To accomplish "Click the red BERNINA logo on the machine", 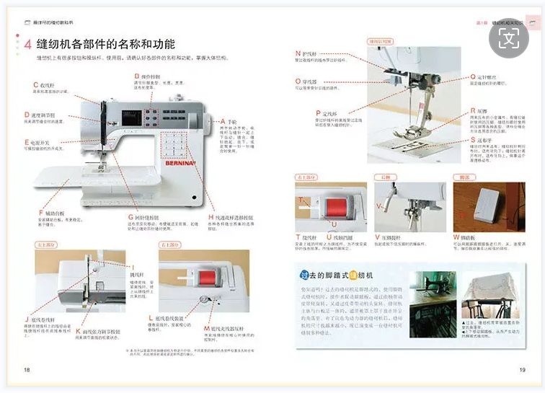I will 183,164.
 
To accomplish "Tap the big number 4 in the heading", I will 27,45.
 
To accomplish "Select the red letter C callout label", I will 35,84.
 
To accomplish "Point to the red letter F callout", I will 40,213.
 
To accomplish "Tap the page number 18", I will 27,370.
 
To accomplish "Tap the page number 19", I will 522,370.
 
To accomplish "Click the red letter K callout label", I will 78,331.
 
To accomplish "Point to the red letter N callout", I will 298,53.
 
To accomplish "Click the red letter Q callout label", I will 473,76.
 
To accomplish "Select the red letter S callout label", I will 473,141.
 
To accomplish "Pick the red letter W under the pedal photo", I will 456,237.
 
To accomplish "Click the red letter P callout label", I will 318,113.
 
